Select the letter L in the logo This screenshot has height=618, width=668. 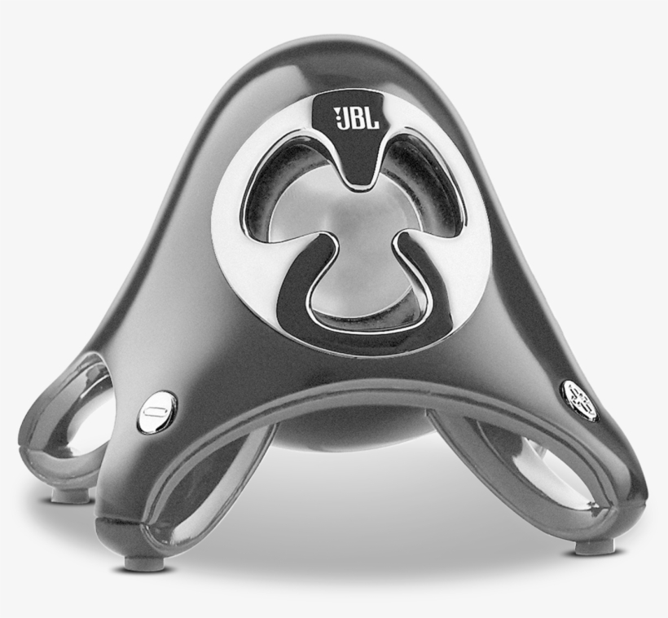pos(373,121)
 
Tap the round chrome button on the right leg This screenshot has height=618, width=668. pos(579,399)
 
